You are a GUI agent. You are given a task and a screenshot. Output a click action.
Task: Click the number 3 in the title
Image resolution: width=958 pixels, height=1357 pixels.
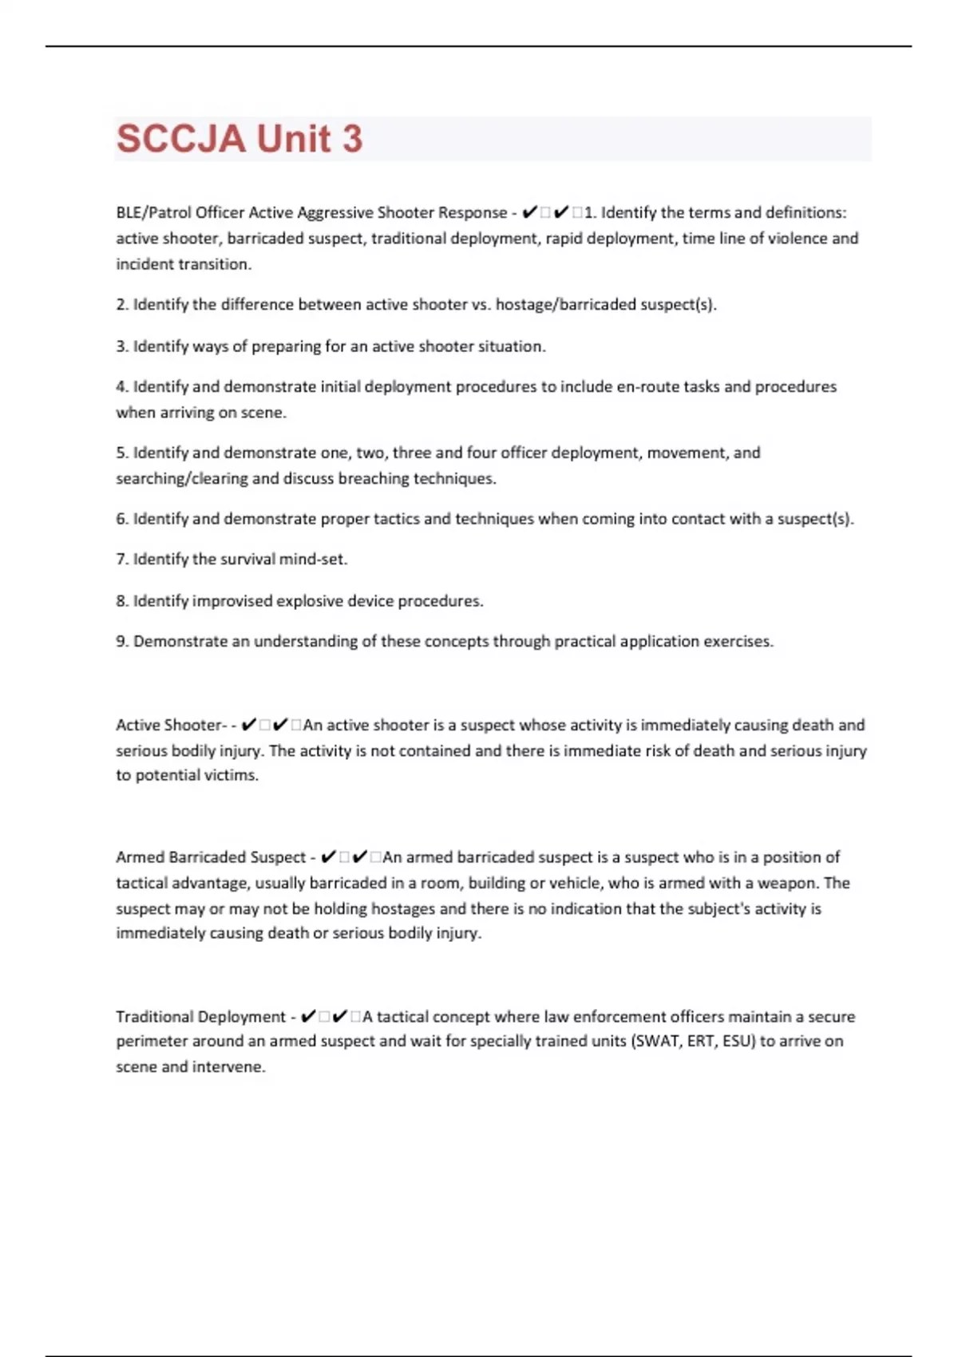[x=352, y=139]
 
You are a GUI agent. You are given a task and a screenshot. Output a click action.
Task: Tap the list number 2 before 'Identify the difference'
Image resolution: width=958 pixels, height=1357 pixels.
[x=121, y=305]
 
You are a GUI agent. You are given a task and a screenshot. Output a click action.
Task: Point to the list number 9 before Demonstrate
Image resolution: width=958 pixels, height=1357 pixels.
[x=121, y=642]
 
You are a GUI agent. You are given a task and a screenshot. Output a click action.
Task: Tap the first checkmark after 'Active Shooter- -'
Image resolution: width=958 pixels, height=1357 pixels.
[x=248, y=725]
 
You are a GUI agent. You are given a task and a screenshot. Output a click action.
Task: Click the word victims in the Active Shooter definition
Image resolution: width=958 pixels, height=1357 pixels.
[x=232, y=775]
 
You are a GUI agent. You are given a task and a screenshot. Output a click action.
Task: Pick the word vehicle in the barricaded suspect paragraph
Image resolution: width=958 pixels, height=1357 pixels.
[x=575, y=883]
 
